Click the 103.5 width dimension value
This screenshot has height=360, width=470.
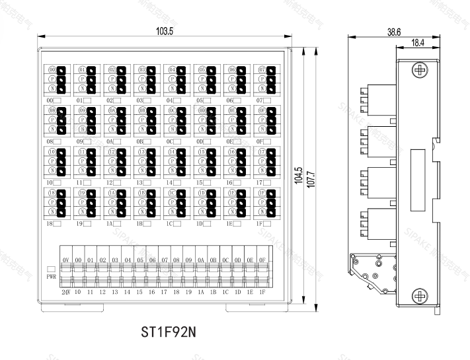[165, 31]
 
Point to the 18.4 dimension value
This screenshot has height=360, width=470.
[416, 42]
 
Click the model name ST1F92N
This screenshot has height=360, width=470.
[167, 330]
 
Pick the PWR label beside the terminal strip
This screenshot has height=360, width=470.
[52, 278]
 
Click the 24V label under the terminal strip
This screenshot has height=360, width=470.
[65, 291]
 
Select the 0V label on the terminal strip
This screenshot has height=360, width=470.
[65, 260]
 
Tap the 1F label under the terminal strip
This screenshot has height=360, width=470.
[262, 291]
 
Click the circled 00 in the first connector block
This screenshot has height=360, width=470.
[52, 69]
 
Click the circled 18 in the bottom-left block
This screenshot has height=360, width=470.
[52, 193]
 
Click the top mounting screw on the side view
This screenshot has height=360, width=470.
[417, 69]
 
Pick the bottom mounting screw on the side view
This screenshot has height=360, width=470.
[417, 294]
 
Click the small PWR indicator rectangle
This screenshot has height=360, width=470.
[51, 270]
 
